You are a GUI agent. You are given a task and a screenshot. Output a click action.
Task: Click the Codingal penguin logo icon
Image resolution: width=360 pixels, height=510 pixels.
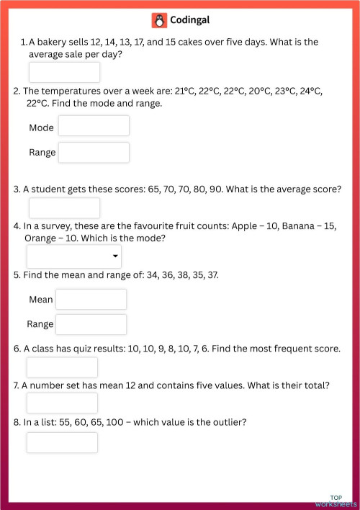point(159,20)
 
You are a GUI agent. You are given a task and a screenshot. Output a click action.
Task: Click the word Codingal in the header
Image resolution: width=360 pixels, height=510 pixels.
point(190,20)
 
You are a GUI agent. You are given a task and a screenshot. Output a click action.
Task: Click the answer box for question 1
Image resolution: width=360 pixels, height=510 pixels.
point(64,72)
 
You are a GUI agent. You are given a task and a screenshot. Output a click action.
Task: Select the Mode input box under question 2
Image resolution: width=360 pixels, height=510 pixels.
point(94,126)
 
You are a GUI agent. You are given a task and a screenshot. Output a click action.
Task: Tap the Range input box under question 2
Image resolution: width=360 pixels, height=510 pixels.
point(94,152)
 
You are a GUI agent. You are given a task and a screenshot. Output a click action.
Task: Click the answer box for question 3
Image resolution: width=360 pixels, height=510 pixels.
point(64,207)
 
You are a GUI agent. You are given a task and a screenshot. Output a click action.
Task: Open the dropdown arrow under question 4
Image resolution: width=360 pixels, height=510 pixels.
point(115,256)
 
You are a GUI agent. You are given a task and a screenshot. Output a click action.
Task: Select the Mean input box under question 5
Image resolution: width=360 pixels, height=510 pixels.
point(91,299)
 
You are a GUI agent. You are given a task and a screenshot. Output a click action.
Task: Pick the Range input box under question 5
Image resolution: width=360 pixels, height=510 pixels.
point(91,324)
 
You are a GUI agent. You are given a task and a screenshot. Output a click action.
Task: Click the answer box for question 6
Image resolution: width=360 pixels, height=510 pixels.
point(62,367)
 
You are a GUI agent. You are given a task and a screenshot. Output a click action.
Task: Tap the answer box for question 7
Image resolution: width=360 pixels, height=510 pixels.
point(62,403)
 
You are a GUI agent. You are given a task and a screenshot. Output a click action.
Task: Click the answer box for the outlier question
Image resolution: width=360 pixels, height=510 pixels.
point(62,442)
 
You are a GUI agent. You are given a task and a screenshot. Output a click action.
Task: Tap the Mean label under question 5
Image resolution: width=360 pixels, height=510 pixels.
point(41,300)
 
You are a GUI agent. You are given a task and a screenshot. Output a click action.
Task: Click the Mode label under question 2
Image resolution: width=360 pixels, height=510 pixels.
point(42,127)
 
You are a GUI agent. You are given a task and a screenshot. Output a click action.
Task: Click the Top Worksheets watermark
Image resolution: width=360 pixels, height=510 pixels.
point(336,501)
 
